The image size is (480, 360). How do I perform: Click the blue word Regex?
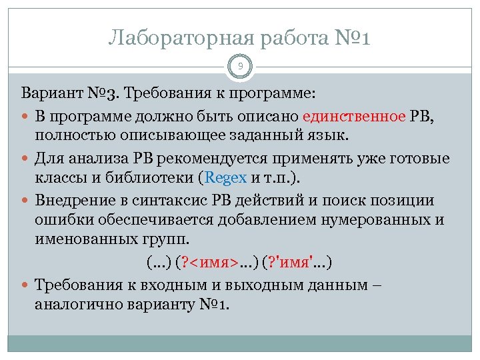(x=227, y=177)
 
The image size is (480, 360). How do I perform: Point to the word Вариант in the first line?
(x=49, y=91)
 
